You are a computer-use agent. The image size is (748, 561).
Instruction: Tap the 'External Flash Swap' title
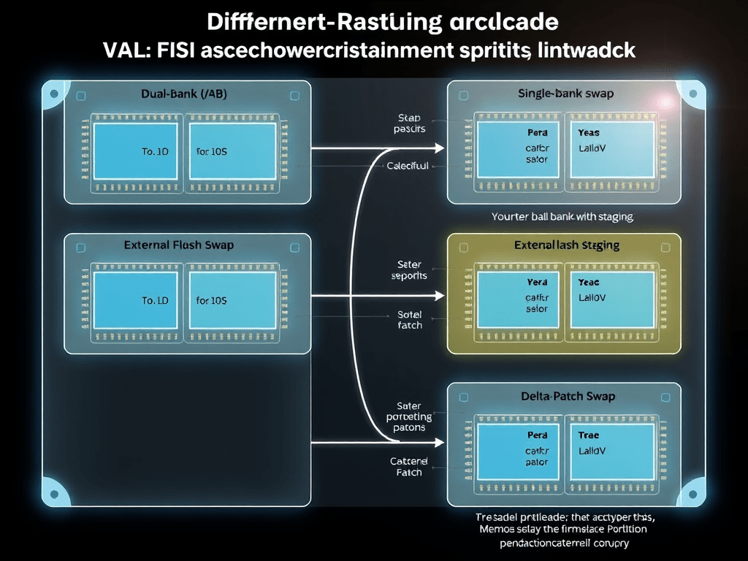click(x=179, y=245)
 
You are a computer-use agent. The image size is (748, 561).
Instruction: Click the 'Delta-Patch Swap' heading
click(x=568, y=396)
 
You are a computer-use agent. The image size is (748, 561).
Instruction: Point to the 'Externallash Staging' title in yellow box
click(x=567, y=245)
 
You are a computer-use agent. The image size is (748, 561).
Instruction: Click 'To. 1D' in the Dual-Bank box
click(x=154, y=153)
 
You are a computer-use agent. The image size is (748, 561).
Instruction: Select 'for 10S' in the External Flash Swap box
click(x=212, y=300)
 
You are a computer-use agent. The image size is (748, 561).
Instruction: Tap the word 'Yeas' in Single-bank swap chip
click(x=588, y=134)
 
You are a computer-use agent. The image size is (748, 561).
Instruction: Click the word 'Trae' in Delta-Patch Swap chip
click(x=588, y=435)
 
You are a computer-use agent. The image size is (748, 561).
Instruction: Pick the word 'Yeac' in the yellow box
click(x=589, y=282)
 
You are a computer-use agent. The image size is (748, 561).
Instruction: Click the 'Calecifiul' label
click(x=408, y=167)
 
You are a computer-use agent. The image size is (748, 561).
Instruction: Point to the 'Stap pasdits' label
click(x=409, y=123)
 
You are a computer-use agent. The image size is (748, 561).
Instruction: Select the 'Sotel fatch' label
click(x=410, y=319)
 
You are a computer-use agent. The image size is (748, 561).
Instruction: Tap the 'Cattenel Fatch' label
click(x=406, y=467)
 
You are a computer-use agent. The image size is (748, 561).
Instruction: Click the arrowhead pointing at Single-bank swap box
click(x=438, y=148)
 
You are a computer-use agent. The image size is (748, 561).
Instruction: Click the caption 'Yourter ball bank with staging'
click(x=562, y=216)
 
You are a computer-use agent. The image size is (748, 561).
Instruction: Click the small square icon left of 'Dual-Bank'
click(x=80, y=95)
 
